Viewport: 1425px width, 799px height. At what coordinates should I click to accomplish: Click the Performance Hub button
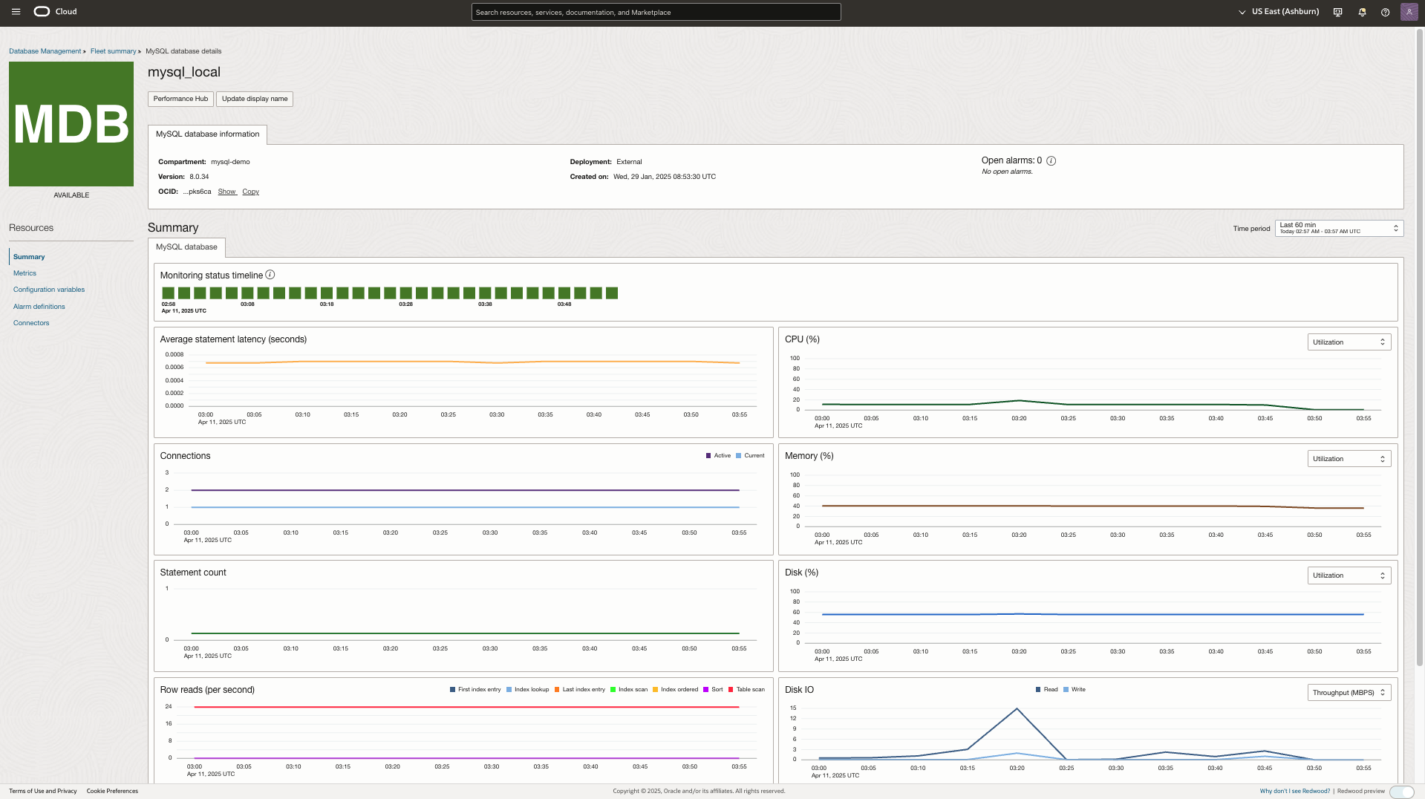tap(180, 99)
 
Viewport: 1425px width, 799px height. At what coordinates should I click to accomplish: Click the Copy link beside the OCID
tap(250, 192)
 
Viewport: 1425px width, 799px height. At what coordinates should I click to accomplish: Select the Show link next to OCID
tap(226, 192)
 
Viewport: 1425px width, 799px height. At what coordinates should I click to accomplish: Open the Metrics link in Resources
tap(25, 273)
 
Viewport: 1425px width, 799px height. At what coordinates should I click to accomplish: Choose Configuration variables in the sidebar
tap(49, 290)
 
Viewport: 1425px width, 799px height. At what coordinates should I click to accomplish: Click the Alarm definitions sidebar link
tap(39, 307)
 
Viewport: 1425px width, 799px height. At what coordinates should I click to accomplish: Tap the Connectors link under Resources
tap(31, 323)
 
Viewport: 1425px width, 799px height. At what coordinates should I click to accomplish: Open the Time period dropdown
tap(1338, 228)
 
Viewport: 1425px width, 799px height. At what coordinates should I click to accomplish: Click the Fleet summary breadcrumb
tap(113, 51)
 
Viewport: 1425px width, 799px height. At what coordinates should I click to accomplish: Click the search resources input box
tap(656, 12)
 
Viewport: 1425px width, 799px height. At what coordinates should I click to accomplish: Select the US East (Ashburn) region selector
tap(1279, 12)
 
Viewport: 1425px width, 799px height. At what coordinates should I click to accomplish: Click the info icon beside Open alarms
tap(1051, 160)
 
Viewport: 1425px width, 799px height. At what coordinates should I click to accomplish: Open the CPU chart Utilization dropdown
tap(1349, 342)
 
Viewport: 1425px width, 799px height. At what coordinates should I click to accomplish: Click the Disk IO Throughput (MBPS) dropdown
tap(1349, 693)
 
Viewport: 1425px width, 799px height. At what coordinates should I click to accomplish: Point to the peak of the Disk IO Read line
tap(1017, 708)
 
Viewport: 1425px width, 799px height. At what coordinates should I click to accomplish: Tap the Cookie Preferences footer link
tap(112, 791)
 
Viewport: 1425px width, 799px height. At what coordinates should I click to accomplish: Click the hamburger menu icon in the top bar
tap(16, 12)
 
